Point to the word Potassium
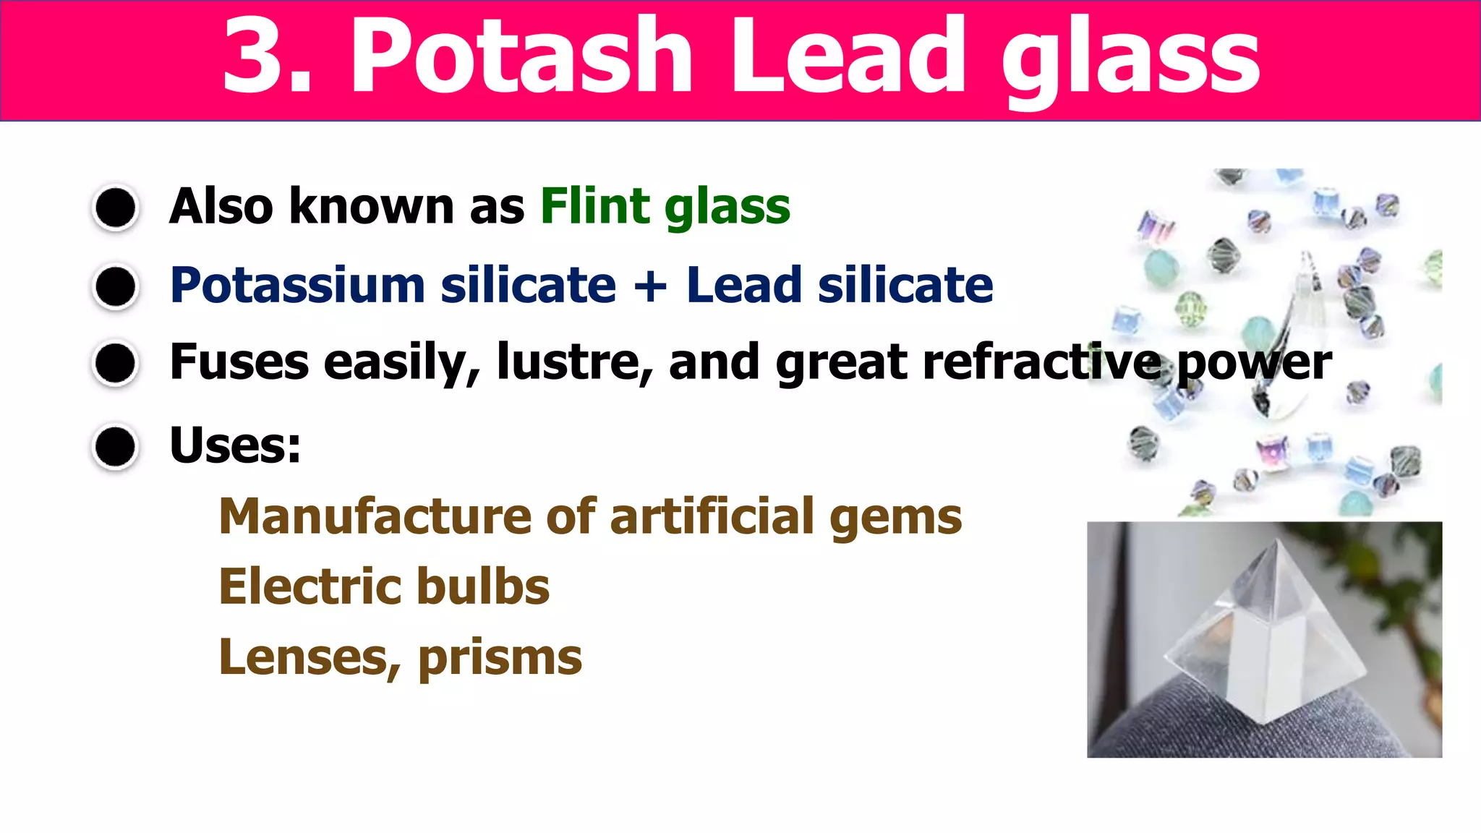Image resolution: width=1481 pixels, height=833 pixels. coord(297,285)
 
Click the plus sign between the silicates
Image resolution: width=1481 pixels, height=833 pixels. coord(650,286)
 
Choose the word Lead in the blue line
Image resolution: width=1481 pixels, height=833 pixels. coord(744,285)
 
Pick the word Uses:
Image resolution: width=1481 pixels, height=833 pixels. coord(235,445)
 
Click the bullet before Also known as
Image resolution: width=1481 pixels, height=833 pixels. coord(116,208)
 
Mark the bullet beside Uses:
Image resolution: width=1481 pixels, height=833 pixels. coord(116,446)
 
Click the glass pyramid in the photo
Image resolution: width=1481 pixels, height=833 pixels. coord(1266,636)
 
